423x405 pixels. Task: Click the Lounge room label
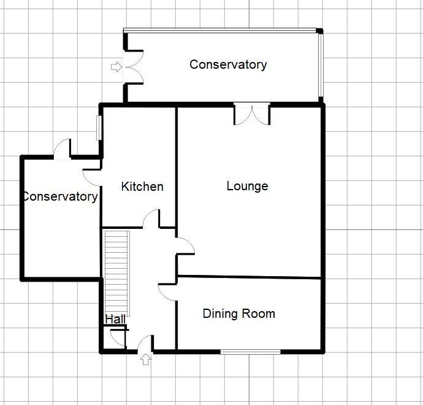247,186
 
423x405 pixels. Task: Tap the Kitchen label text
142,187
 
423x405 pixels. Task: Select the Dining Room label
238,314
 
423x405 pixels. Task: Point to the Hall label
115,319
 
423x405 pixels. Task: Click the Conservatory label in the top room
228,64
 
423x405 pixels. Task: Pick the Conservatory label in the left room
60,197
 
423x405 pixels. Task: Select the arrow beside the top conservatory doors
115,67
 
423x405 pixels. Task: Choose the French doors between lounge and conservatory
251,114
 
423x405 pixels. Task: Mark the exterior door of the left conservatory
62,150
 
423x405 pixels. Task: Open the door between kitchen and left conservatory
93,175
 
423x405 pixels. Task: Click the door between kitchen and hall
151,219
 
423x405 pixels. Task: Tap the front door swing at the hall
145,344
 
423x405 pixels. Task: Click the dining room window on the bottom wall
250,352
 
